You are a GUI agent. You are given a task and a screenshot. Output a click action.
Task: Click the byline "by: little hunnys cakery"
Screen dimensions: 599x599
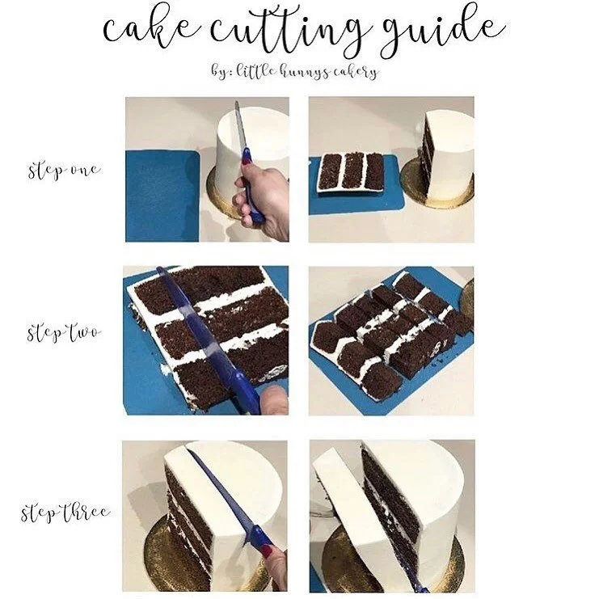pos(300,71)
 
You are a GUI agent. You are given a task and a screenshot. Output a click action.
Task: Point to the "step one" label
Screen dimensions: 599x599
pos(64,171)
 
